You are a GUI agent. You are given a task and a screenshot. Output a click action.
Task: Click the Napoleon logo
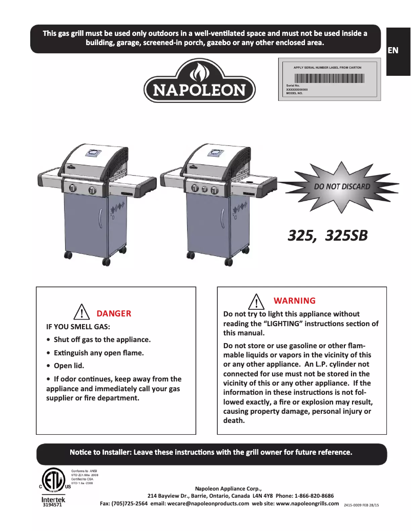point(200,81)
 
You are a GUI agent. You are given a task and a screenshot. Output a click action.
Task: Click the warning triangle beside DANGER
point(82,312)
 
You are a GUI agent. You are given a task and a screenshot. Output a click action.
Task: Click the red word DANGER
point(114,313)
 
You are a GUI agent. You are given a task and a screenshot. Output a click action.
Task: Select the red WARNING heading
point(295,301)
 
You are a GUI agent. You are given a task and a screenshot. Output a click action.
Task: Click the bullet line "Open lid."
point(69,366)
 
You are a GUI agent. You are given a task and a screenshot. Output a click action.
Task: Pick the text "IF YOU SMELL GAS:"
point(78,327)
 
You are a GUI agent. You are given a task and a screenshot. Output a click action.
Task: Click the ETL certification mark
point(51,480)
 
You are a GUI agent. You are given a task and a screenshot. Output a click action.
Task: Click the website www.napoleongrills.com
point(307,503)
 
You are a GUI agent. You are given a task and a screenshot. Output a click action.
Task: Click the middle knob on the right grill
point(203,189)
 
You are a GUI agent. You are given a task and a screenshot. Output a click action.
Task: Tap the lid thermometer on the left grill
point(94,152)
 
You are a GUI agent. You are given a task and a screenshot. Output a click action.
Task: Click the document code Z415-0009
point(354,505)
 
